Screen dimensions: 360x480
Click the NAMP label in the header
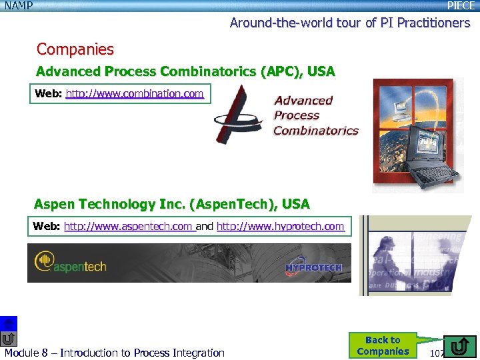coord(19,6)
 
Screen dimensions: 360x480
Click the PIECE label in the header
coord(461,6)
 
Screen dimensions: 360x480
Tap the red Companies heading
coord(75,49)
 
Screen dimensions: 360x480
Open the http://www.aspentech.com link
coord(128,227)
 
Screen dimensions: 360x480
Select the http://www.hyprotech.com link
coord(280,227)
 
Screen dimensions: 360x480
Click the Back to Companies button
coord(383,345)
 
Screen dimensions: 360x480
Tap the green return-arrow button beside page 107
coord(459,347)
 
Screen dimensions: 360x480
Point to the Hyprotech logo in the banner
coord(313,268)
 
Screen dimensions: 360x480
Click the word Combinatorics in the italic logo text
coord(316,131)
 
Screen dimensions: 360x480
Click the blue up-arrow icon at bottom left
coord(9,322)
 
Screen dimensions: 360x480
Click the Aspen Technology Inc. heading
coord(171,204)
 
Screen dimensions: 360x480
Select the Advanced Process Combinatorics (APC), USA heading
coord(185,71)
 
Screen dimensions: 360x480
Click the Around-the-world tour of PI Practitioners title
coord(350,23)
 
